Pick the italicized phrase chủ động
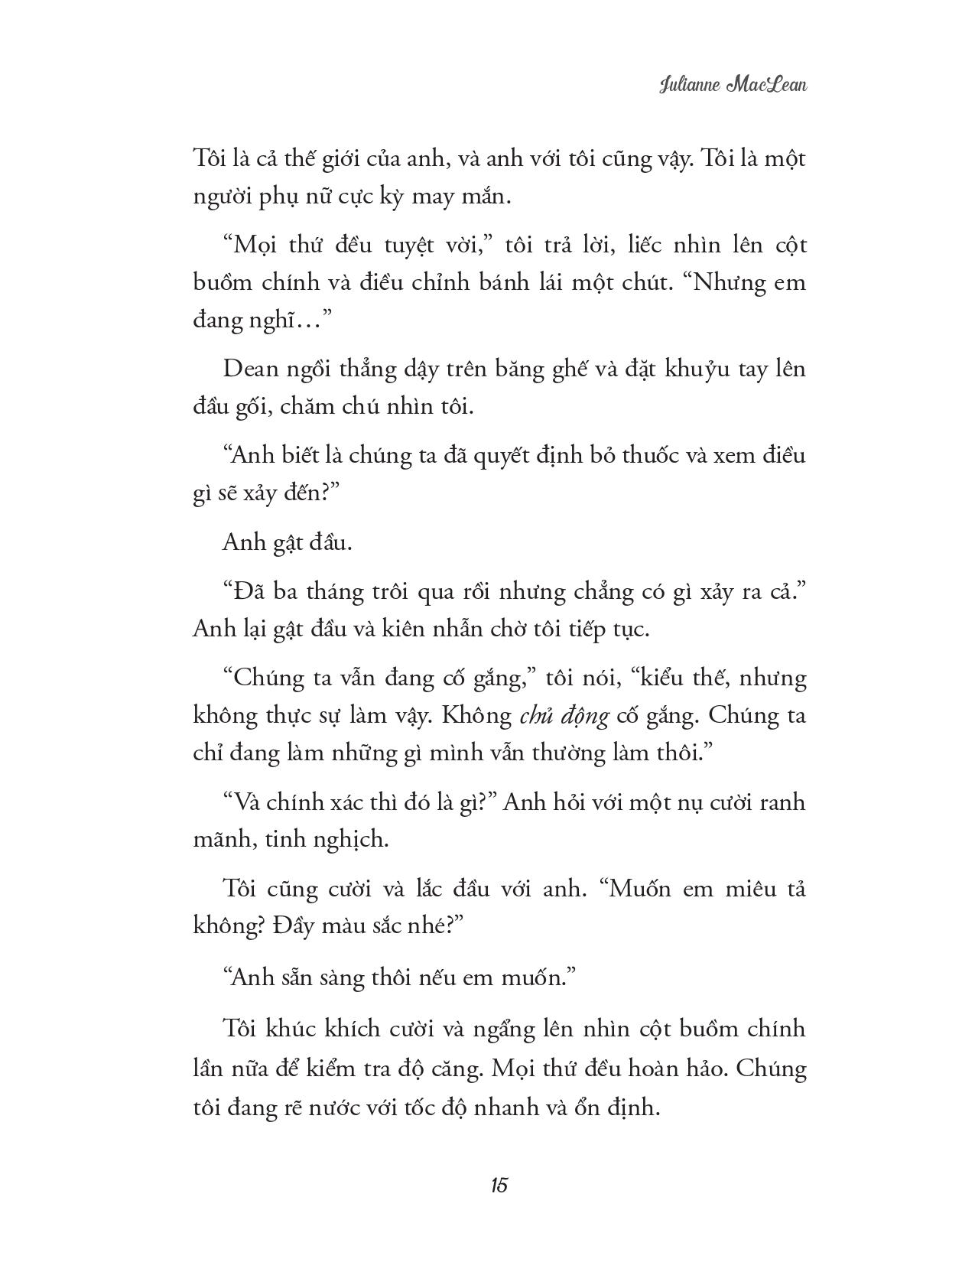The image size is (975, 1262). point(564,716)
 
